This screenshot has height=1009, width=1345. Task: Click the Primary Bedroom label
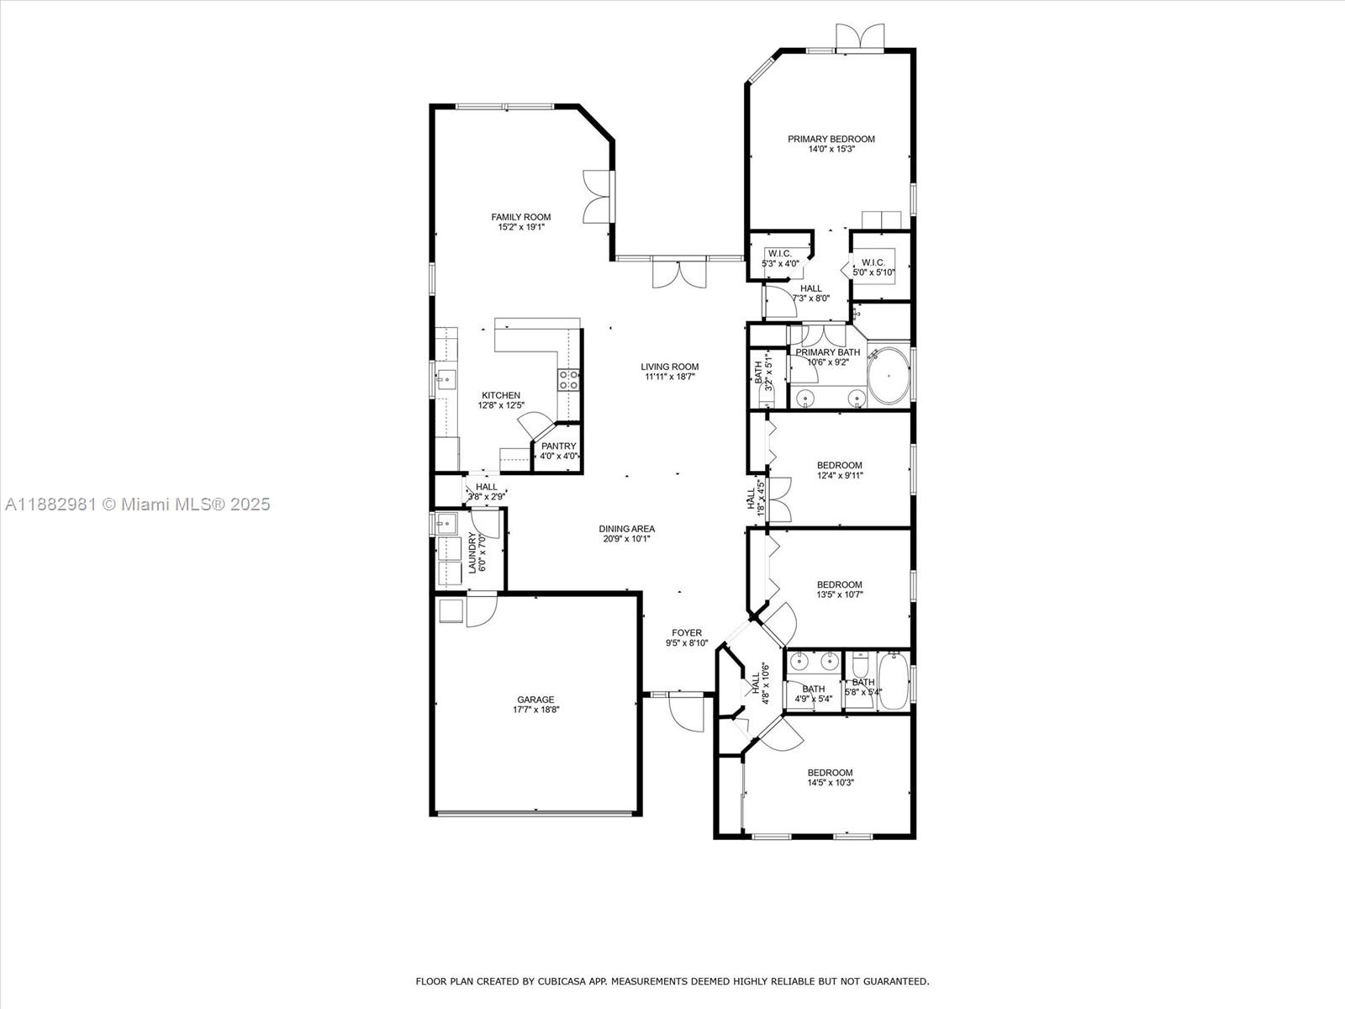coord(831,139)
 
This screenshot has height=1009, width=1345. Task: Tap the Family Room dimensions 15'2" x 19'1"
coord(521,227)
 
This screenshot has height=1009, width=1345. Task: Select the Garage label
coord(535,699)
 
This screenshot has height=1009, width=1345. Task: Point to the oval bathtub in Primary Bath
coord(889,376)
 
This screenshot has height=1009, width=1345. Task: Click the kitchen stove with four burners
coord(568,380)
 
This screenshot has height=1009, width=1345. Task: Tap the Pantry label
coord(558,446)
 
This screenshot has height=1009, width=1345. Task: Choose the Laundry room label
coord(472,552)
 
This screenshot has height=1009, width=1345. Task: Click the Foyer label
coord(686,633)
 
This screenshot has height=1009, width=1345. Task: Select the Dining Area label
coord(626,529)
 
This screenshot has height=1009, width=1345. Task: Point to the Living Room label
coord(669,367)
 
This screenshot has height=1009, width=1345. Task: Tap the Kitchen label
coord(501,395)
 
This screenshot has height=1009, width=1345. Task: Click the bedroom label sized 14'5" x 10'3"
coord(830,773)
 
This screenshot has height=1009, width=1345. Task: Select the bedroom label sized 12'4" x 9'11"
coord(840,465)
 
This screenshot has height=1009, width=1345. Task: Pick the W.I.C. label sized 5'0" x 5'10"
coord(873,263)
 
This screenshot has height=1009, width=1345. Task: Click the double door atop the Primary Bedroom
coord(860,37)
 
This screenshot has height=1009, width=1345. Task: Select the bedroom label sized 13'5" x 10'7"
coord(840,584)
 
